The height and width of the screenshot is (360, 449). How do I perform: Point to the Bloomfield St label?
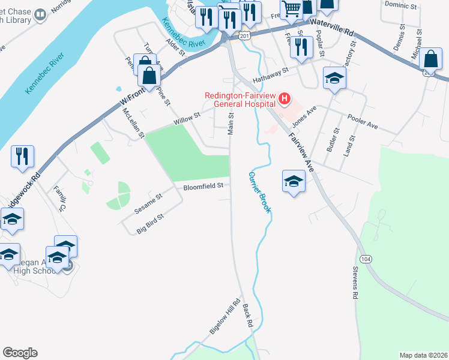pyautogui.click(x=203, y=186)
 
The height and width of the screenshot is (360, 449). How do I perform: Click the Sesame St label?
pyautogui.click(x=148, y=204)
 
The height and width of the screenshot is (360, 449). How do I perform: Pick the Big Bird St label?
pyautogui.click(x=150, y=224)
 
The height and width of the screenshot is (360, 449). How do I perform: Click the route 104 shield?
pyautogui.click(x=367, y=259)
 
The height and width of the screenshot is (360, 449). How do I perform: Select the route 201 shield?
pyautogui.click(x=244, y=37)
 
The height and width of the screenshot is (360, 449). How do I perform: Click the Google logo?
pyautogui.click(x=20, y=353)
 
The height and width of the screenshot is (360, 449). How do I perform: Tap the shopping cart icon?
pyautogui.click(x=291, y=9)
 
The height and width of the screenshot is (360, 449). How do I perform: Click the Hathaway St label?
pyautogui.click(x=271, y=70)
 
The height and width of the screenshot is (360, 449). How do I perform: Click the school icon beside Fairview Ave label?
pyautogui.click(x=294, y=181)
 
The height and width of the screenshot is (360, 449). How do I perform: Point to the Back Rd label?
pyautogui.click(x=248, y=315)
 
